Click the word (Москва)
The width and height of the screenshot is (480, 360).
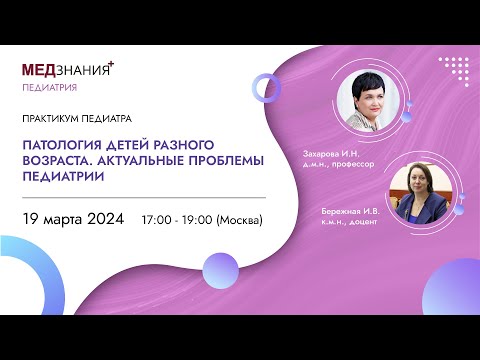(241, 219)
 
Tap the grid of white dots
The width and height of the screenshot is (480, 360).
(453, 69)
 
